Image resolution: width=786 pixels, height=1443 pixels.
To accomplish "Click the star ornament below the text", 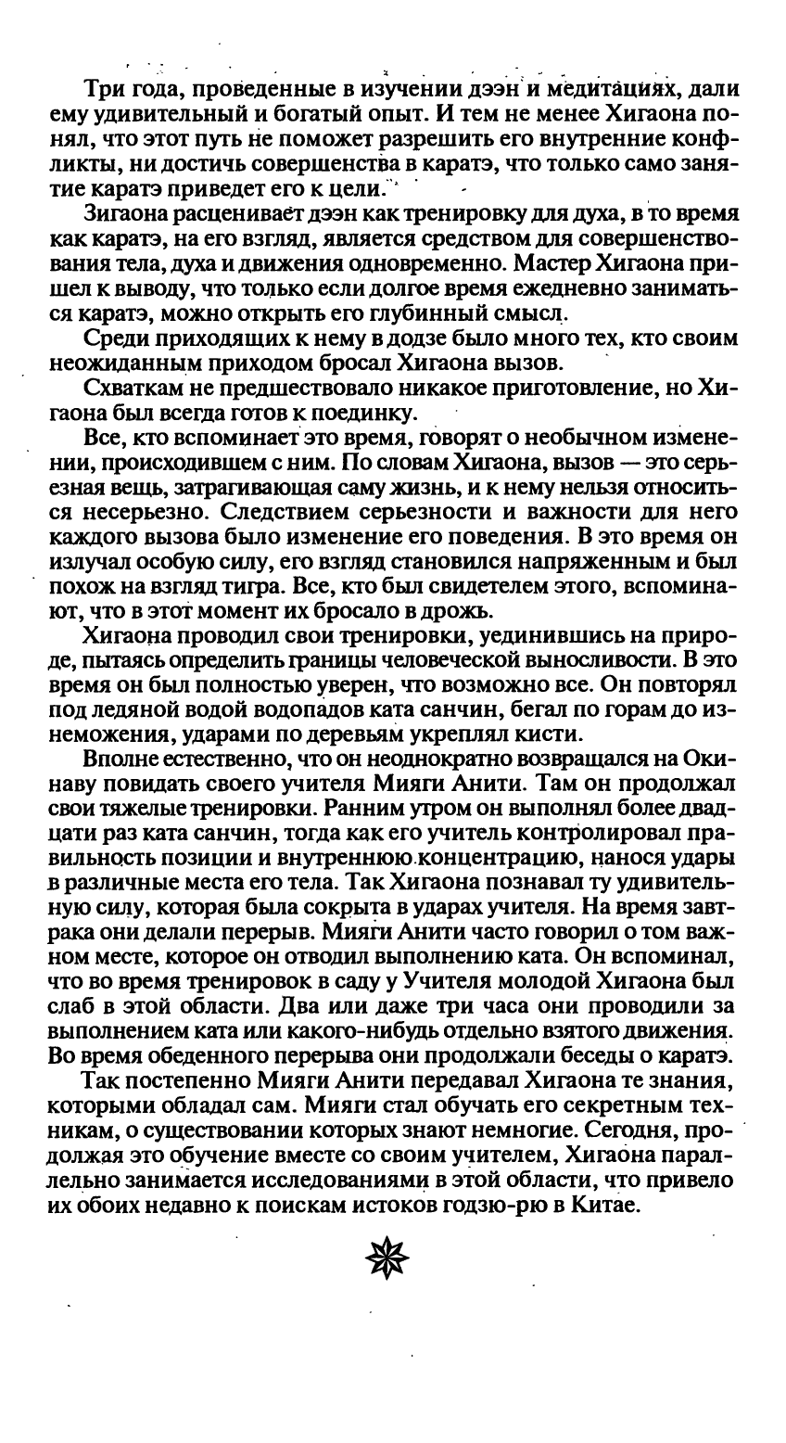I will click(x=387, y=1258).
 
